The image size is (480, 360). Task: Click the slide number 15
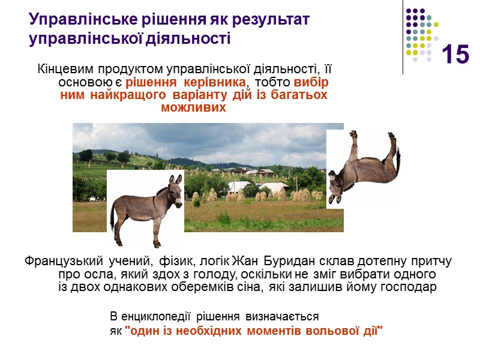click(x=456, y=55)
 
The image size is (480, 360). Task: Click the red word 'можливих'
click(x=194, y=109)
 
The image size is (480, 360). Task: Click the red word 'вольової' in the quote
click(x=331, y=331)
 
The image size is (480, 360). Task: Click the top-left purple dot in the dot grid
click(x=409, y=11)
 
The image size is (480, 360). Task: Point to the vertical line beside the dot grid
click(x=403, y=36)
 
